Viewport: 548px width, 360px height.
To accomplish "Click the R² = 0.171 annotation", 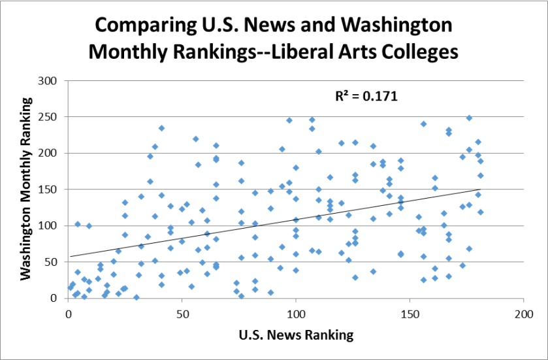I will pos(367,97).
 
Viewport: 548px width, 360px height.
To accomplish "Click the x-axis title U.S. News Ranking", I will pos(296,336).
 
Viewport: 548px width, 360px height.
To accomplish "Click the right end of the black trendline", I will pos(480,189).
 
